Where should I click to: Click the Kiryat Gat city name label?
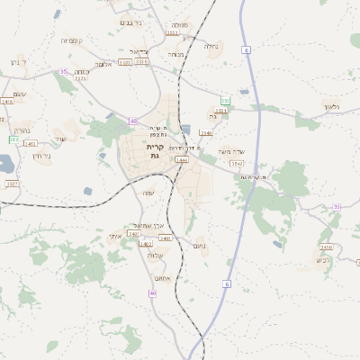(x=154, y=151)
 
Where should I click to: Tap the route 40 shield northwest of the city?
(x=133, y=121)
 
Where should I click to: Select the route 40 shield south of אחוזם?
(x=153, y=293)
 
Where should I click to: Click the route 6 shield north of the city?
(x=246, y=51)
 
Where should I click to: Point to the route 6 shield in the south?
(x=227, y=284)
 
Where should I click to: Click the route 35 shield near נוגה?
(x=63, y=70)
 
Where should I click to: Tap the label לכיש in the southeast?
(x=323, y=259)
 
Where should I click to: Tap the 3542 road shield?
(x=237, y=164)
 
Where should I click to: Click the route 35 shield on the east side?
(x=337, y=207)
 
